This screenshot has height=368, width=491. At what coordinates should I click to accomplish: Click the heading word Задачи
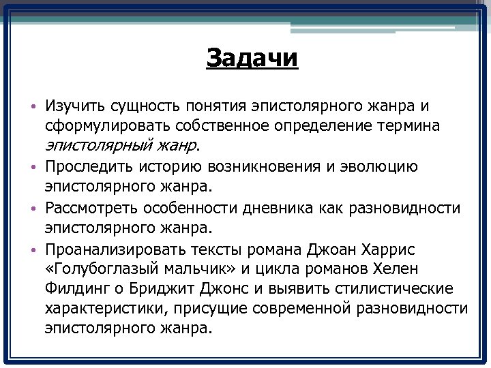252,59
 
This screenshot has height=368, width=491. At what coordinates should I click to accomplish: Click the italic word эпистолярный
91,145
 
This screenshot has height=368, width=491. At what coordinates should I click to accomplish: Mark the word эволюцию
385,166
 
